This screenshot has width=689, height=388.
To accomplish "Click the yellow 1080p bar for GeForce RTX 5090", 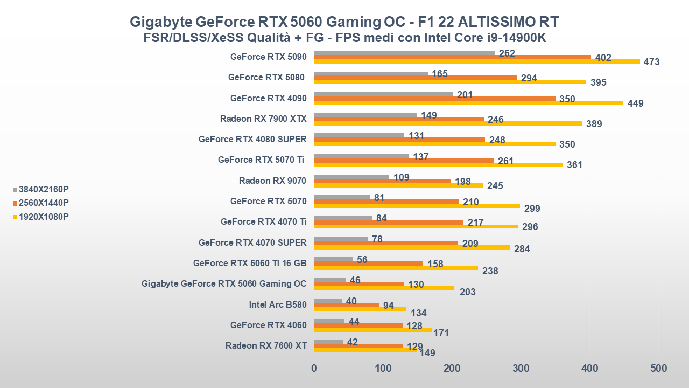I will pos(477,61).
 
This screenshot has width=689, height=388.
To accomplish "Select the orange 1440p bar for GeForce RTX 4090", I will pos(434,99).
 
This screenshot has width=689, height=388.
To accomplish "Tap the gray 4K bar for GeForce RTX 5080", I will pos(371,73).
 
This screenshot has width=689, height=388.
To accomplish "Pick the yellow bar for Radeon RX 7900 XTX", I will pos(448,123).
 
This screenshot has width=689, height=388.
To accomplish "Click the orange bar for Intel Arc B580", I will pos(346,305).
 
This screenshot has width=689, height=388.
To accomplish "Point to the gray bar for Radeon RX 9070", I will pos(351,177).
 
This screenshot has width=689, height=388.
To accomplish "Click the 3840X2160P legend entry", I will pos(41,189).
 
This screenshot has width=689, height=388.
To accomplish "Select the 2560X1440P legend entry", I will pos(41,203).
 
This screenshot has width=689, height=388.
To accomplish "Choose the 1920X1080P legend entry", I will pos(41,217).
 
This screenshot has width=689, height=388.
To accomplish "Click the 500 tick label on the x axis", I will pos(658,369).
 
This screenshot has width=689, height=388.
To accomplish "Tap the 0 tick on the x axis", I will pos(314,369).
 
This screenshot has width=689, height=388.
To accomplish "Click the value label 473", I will pos(651,62).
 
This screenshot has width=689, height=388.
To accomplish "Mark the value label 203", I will pos(468,292).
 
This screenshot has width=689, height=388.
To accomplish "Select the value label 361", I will pos(574,165).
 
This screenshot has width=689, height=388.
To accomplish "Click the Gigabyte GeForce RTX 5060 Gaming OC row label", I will pos(224,283).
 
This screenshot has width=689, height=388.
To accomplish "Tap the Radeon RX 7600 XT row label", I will pos(266,345).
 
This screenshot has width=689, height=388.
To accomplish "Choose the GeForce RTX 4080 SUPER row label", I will pos(252,139).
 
